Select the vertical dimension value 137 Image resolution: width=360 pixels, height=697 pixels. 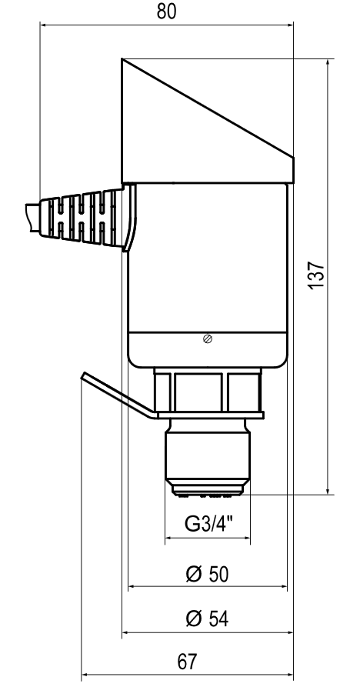pyautogui.click(x=318, y=275)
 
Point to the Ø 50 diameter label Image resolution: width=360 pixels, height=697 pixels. pyautogui.click(x=207, y=574)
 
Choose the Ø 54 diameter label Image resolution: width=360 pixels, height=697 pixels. pyautogui.click(x=207, y=619)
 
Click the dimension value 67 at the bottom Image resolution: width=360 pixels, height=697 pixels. pyautogui.click(x=187, y=662)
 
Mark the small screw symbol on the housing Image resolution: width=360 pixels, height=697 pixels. pyautogui.click(x=207, y=338)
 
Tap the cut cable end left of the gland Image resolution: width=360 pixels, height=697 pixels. pyautogui.click(x=32, y=218)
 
